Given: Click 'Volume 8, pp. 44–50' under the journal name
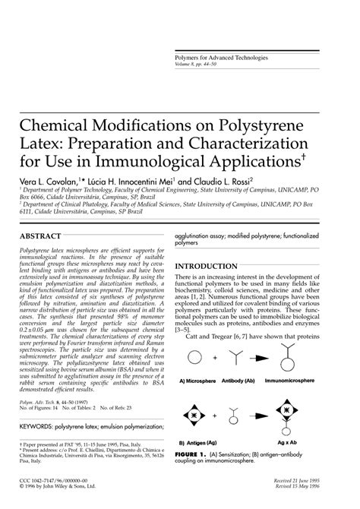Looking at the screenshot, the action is point(190,65).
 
